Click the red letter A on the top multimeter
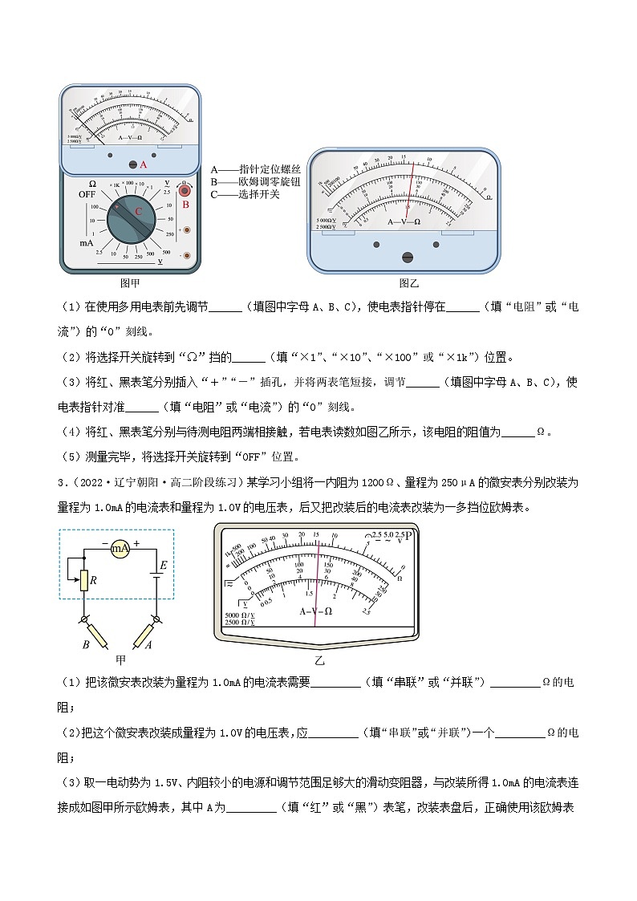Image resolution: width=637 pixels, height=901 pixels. click(x=144, y=164)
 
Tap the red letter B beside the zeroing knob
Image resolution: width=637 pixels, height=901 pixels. click(x=185, y=204)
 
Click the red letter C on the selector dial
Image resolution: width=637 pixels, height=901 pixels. click(x=138, y=211)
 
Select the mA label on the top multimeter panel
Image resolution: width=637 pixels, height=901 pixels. click(x=87, y=241)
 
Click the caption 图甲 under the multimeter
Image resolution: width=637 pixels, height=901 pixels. click(x=129, y=282)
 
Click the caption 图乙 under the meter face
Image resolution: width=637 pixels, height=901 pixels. click(x=409, y=282)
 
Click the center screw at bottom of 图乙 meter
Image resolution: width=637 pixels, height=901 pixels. click(x=407, y=257)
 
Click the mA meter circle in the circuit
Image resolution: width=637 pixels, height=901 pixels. click(x=120, y=548)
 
